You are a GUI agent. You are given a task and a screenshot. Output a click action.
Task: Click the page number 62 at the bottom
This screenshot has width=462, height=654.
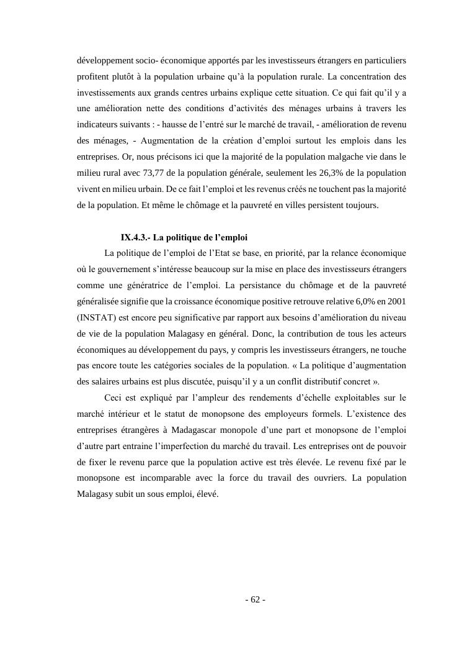pos(255,599)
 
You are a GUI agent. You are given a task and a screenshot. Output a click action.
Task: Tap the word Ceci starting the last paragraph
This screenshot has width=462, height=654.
pos(115,397)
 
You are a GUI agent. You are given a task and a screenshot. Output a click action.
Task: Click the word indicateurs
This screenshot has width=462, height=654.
pos(99,124)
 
